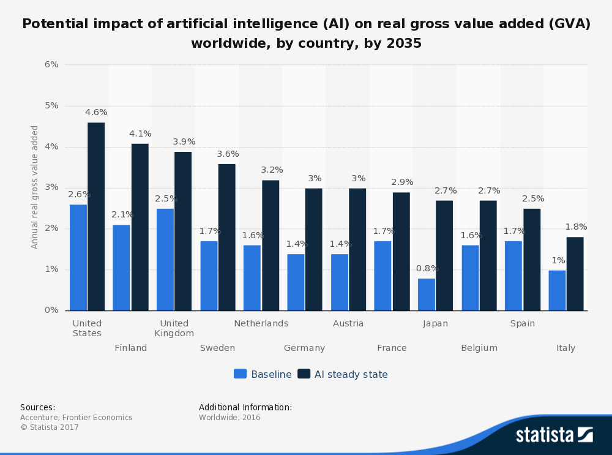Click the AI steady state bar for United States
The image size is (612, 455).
tap(96, 216)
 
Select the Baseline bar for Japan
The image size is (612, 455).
tap(427, 295)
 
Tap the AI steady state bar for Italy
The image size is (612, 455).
tap(575, 274)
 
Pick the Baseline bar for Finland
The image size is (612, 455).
tap(121, 268)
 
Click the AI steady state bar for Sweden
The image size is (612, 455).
tap(226, 237)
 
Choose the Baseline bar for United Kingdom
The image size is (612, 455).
tap(165, 260)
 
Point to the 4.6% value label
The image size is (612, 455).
tap(96, 113)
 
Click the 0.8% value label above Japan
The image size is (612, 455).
tap(427, 268)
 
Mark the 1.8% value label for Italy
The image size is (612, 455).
tap(576, 227)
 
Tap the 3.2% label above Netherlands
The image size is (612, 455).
tap(272, 170)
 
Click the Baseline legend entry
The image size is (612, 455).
tap(263, 374)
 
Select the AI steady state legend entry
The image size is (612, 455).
tap(343, 374)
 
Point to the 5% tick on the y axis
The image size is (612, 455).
tap(51, 105)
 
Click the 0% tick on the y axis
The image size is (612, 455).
tap(51, 310)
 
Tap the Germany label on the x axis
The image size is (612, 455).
tap(304, 348)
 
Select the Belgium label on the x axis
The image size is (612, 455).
tap(479, 348)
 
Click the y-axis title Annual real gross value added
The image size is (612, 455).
tap(35, 187)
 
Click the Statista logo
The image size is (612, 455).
tap(554, 435)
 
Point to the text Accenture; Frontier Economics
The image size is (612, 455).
tap(76, 418)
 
